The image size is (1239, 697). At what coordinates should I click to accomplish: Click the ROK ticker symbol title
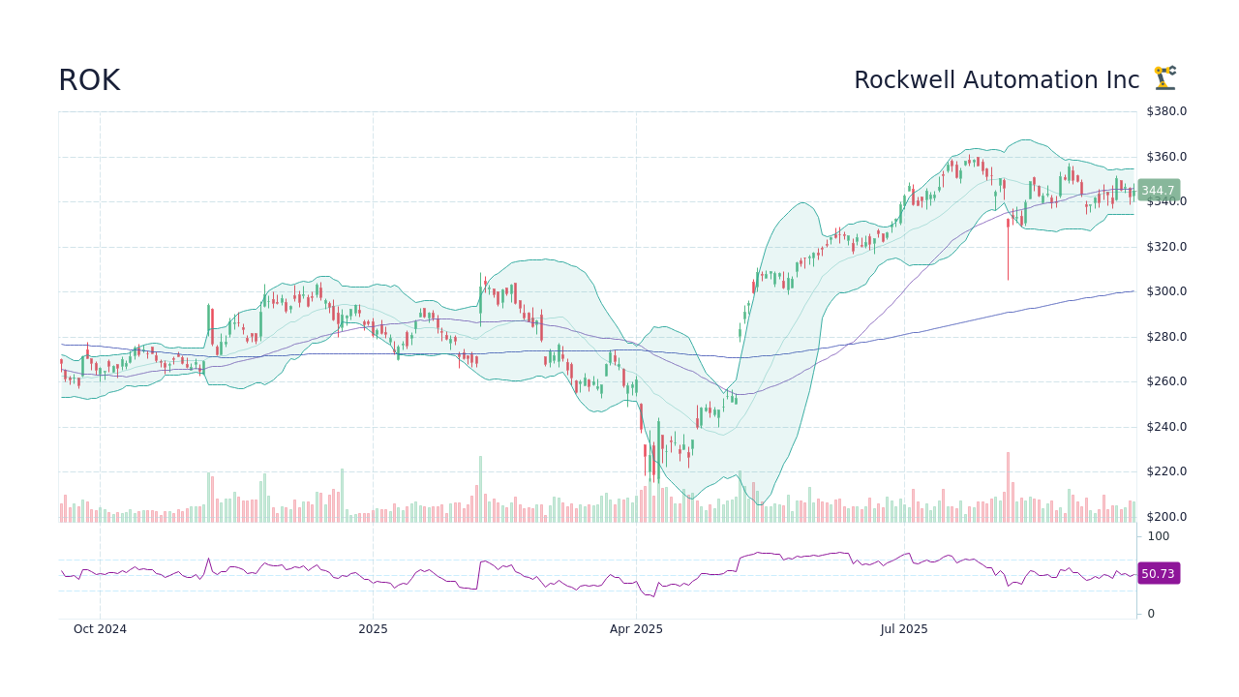click(x=89, y=81)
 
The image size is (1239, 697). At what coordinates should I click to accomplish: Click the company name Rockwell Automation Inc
click(x=996, y=81)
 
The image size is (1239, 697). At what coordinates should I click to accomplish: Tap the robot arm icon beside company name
click(x=1164, y=78)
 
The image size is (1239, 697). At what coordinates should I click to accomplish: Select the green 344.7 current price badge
click(x=1158, y=191)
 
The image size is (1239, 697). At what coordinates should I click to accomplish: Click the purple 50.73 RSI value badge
click(x=1158, y=574)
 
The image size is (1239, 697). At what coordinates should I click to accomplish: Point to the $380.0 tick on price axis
click(x=1166, y=111)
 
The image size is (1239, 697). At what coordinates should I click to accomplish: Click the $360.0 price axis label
click(x=1166, y=157)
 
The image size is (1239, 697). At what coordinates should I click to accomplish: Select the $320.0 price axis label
click(x=1166, y=247)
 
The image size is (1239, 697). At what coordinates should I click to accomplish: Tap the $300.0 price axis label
click(x=1166, y=291)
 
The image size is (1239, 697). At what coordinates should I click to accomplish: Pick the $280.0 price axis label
click(x=1166, y=337)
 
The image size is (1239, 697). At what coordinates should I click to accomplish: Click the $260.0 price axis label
click(x=1166, y=381)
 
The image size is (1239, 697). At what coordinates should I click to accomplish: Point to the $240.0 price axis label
click(x=1166, y=427)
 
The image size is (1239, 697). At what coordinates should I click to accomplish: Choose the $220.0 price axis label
click(x=1166, y=471)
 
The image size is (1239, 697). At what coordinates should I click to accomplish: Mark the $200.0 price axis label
click(x=1166, y=517)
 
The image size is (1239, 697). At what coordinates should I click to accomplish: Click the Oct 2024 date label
click(x=100, y=629)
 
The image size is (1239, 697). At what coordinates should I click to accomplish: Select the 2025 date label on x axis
click(x=373, y=629)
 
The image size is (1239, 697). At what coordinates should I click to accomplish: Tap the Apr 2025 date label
click(x=636, y=629)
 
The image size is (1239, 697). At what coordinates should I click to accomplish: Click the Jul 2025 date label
click(x=904, y=629)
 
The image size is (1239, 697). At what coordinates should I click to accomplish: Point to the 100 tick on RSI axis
click(x=1159, y=536)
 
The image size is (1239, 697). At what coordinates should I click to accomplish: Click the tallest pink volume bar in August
click(x=1008, y=488)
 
